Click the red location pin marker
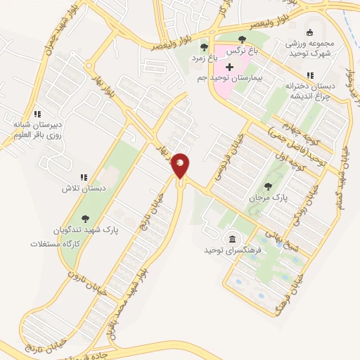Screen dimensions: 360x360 [x=181, y=165]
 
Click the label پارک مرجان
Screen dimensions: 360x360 [x=269, y=198]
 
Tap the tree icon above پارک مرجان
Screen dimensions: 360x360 [x=268, y=186]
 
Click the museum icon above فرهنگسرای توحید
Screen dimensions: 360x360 [x=232, y=238]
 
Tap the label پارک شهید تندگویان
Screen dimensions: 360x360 [x=86, y=231]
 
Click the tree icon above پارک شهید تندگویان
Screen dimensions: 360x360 [x=86, y=219]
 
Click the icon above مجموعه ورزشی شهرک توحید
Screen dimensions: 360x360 [x=310, y=32]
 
